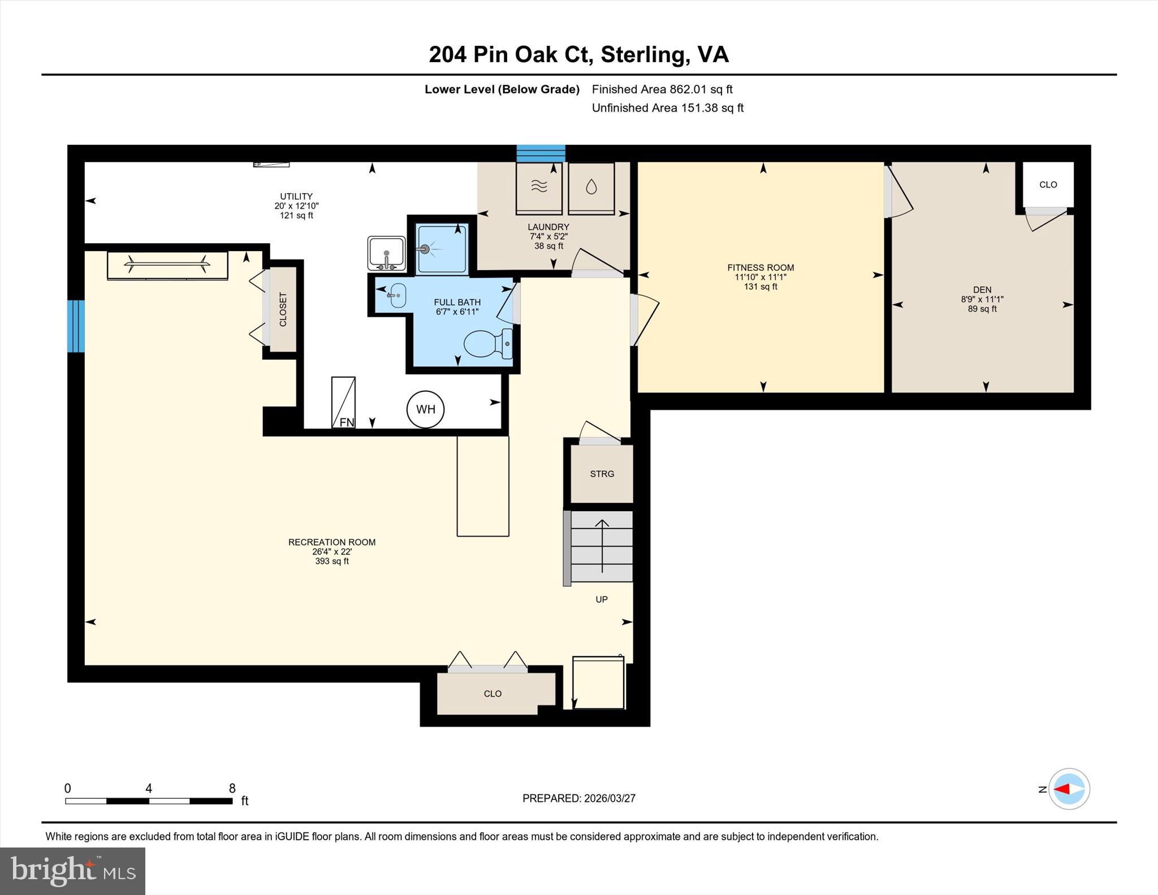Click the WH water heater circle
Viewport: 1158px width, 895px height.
(x=425, y=409)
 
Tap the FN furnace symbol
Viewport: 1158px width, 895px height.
(x=343, y=402)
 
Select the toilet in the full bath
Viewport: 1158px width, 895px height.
(x=487, y=344)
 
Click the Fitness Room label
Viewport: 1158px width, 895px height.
(x=761, y=267)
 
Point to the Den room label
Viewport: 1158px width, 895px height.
(x=982, y=289)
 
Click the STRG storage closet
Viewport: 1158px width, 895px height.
(x=602, y=474)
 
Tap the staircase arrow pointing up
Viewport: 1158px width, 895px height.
(x=602, y=545)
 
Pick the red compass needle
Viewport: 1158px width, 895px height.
(x=1062, y=789)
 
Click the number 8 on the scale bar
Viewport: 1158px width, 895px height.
(x=232, y=788)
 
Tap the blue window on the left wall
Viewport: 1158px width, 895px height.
(x=76, y=326)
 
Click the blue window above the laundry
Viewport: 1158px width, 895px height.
(x=541, y=153)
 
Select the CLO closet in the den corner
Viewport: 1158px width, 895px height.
(x=1048, y=185)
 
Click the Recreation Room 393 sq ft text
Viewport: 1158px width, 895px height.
(x=332, y=561)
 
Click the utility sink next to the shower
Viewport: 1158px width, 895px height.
(x=386, y=253)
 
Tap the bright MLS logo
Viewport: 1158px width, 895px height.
(x=72, y=871)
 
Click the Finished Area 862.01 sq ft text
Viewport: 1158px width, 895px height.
(x=662, y=89)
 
